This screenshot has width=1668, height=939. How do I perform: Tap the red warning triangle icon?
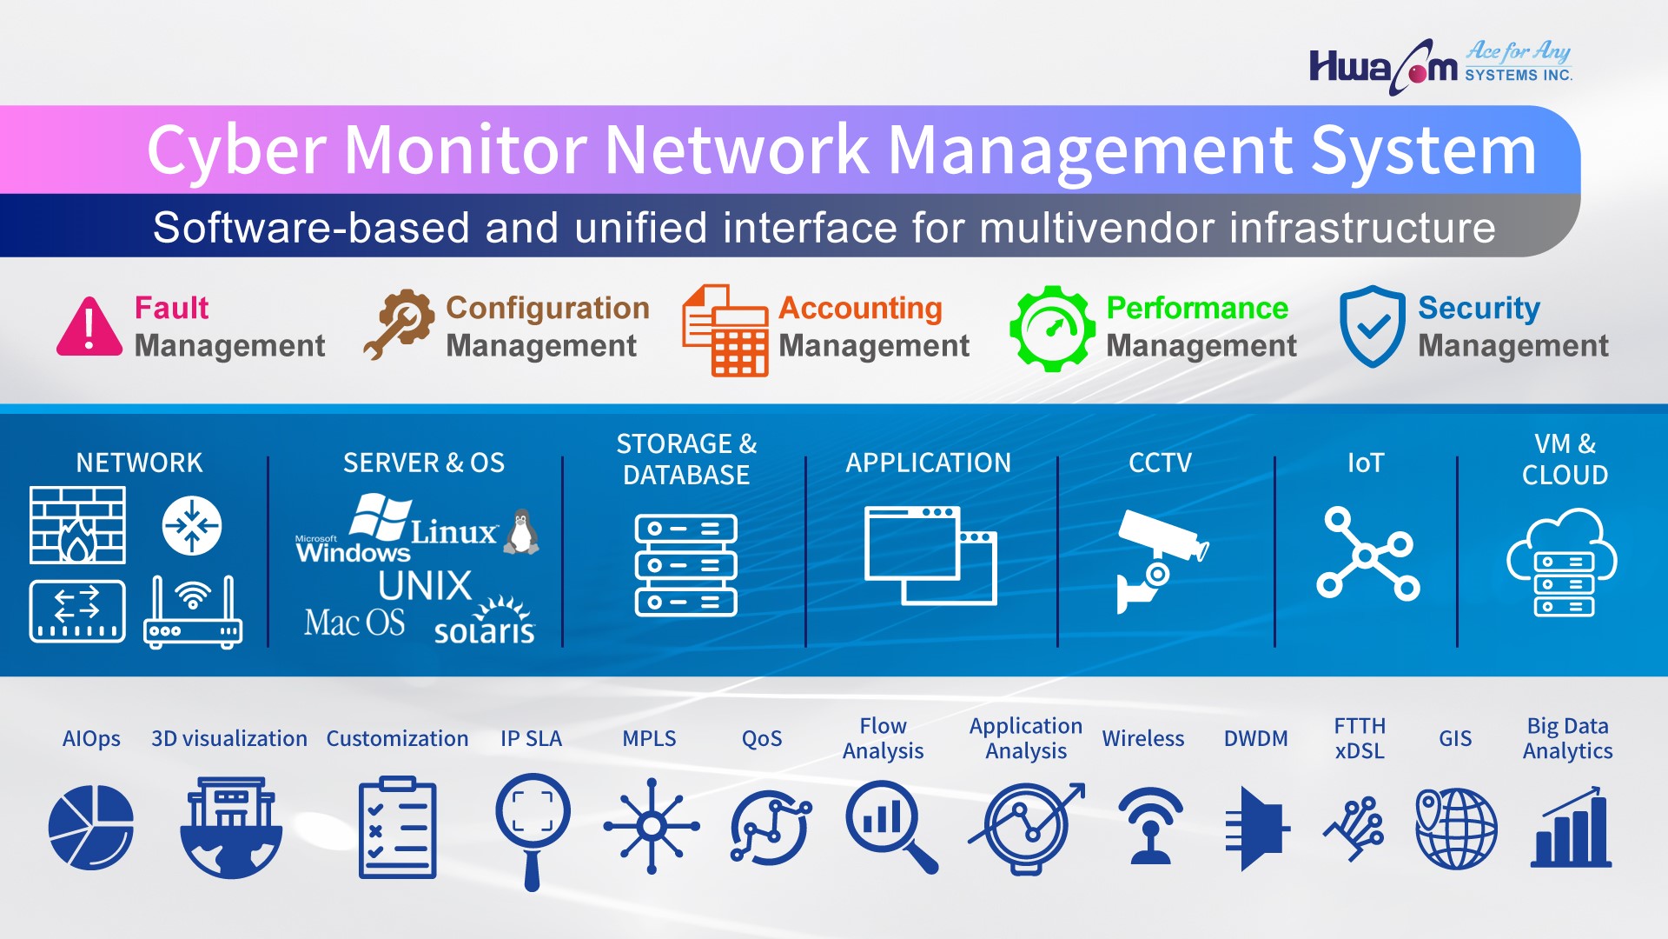click(x=89, y=328)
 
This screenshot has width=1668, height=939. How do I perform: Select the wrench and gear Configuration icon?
click(x=399, y=324)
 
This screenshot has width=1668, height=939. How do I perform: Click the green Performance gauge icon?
click(x=1052, y=329)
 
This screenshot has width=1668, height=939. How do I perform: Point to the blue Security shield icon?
click(x=1372, y=326)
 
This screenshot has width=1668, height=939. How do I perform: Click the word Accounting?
click(x=860, y=308)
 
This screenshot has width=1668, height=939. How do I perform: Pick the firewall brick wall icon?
click(x=77, y=525)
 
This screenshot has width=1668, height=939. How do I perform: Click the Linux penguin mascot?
click(x=521, y=531)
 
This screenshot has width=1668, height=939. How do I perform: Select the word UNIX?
click(x=425, y=586)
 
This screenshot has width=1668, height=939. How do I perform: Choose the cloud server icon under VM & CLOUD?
click(x=1562, y=563)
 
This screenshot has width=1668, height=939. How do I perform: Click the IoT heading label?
click(x=1365, y=463)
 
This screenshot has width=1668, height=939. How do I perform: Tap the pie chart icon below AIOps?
click(x=91, y=827)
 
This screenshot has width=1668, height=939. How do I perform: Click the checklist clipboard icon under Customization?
click(x=397, y=827)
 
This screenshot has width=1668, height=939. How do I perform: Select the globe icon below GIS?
click(x=1456, y=829)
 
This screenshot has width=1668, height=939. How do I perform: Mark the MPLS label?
click(x=649, y=738)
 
